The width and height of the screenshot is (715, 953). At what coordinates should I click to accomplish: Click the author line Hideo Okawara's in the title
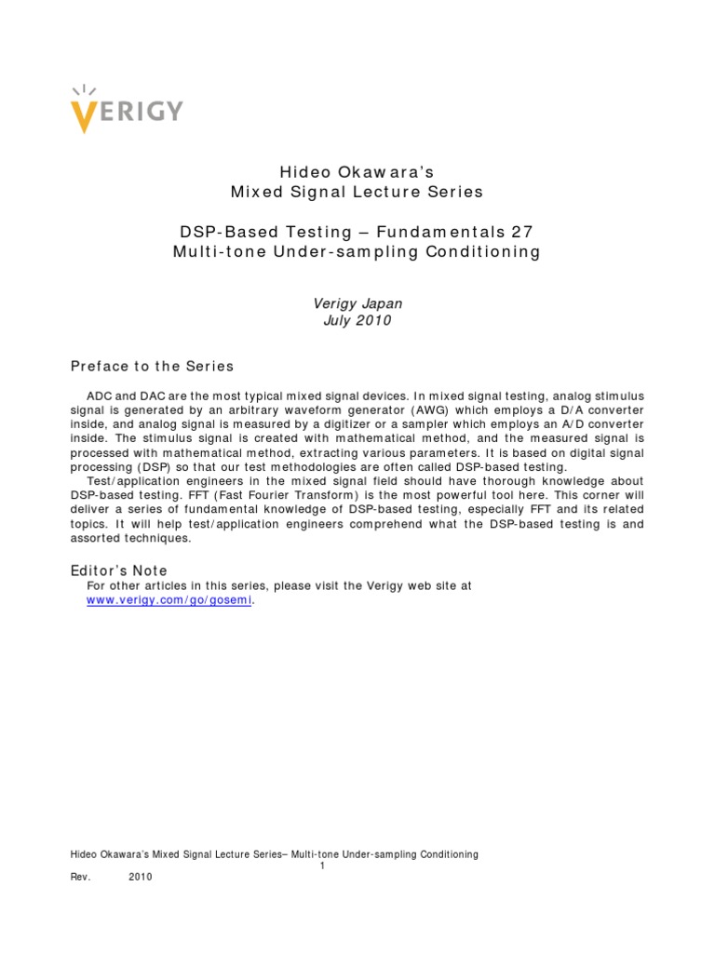tap(357, 172)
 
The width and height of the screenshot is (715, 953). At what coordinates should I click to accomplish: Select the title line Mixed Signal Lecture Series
tap(357, 193)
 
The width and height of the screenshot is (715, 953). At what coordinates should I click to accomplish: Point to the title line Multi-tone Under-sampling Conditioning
tap(357, 252)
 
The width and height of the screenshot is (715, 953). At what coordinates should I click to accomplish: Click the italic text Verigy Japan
tap(357, 302)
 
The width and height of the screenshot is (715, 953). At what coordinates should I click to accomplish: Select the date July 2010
tap(357, 321)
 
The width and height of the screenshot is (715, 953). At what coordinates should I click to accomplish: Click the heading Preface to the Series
tap(153, 366)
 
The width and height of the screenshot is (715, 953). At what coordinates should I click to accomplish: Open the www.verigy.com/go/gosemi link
tap(169, 601)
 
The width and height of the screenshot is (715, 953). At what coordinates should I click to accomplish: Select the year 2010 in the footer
tap(141, 877)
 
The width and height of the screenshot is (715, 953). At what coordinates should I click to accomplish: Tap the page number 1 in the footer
tap(321, 866)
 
